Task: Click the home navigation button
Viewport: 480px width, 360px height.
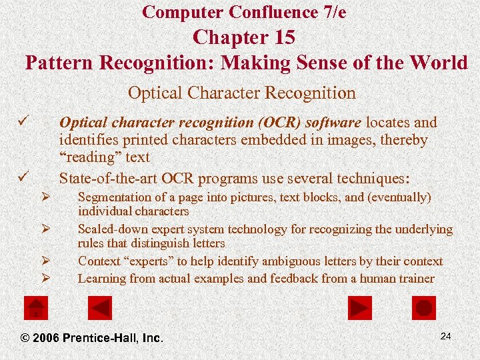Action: (36, 307)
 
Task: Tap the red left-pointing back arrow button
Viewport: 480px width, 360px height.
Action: (101, 307)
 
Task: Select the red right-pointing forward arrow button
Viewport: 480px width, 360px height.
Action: (360, 307)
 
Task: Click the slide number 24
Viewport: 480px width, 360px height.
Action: (445, 336)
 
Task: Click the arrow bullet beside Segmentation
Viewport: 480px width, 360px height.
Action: (46, 198)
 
